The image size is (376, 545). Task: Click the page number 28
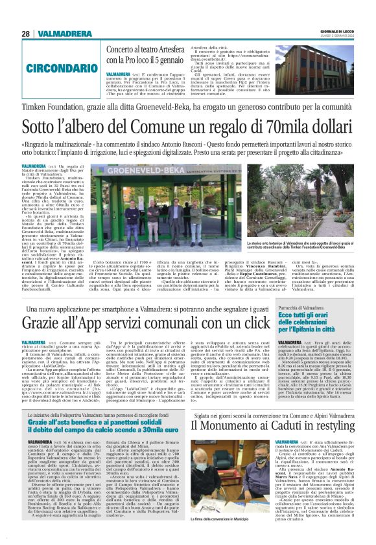tap(25, 33)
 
